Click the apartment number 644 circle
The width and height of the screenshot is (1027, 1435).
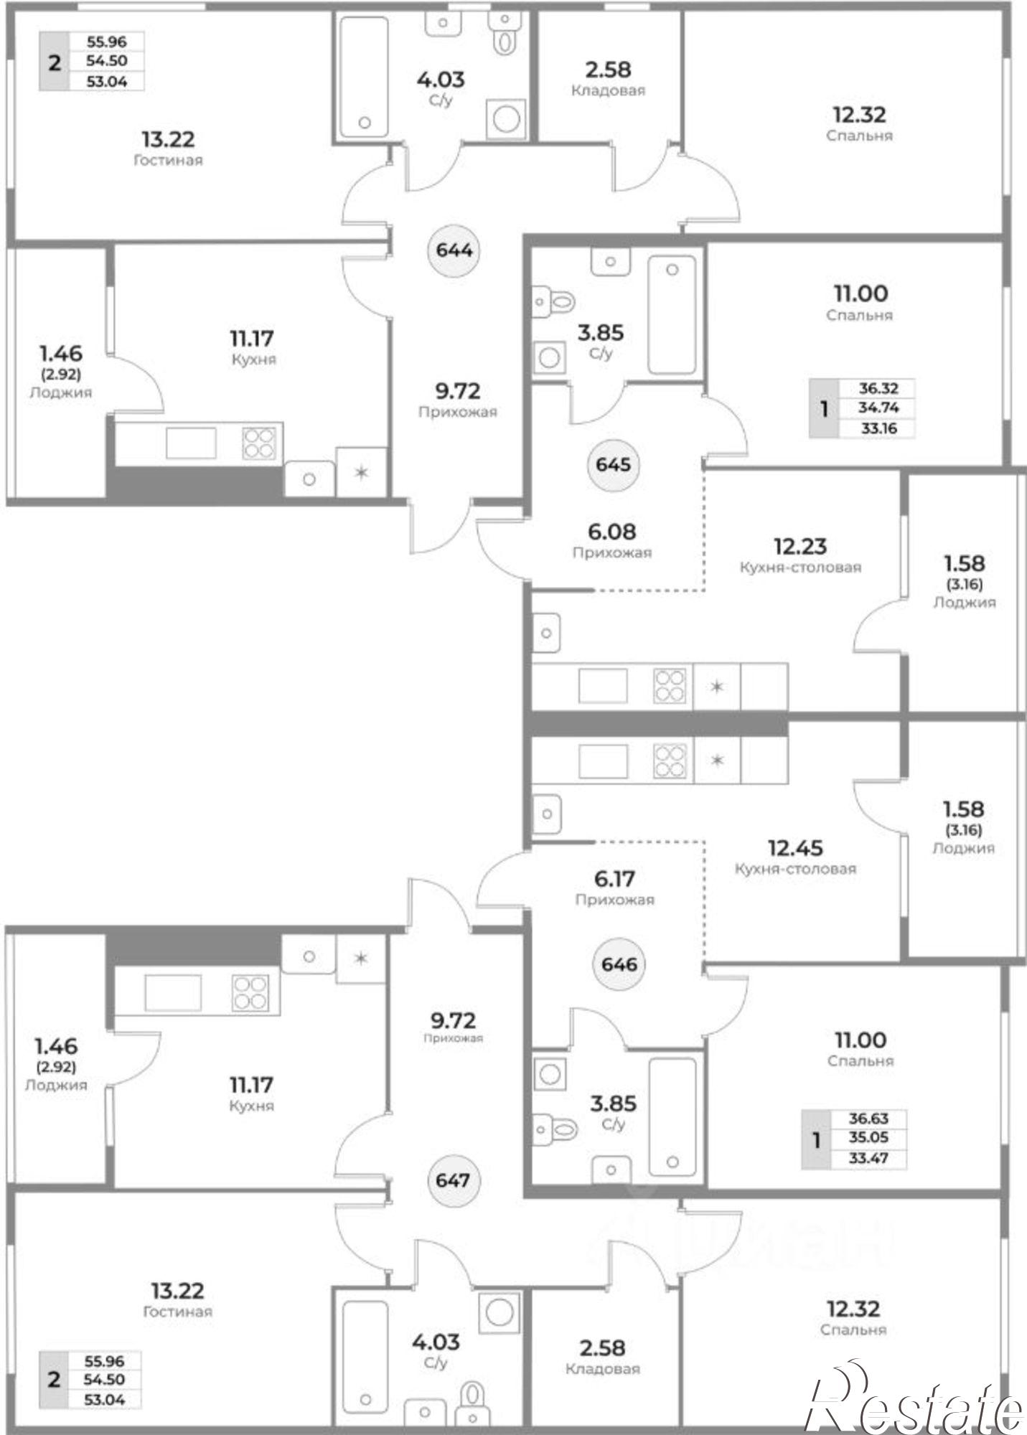(454, 250)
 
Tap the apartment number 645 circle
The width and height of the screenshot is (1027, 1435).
(613, 464)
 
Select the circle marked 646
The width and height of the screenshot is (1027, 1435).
(619, 964)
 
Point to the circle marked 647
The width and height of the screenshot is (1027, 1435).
(453, 1180)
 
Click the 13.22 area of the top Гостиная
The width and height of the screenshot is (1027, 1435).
(168, 139)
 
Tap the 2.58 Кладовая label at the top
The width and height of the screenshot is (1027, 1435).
(609, 78)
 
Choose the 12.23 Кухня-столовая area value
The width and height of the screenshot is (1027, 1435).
(800, 547)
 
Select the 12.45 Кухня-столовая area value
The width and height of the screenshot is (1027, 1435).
(795, 848)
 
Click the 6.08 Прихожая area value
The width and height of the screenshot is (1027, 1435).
(611, 532)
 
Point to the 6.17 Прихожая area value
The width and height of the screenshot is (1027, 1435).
(614, 878)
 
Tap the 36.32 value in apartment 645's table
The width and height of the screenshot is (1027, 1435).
(878, 388)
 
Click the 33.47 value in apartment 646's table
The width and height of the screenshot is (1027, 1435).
(868, 1159)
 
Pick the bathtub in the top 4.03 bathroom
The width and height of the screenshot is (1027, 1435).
(363, 76)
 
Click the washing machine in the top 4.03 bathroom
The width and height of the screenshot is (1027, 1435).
(506, 118)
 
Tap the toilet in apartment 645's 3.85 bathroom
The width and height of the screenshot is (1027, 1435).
(554, 300)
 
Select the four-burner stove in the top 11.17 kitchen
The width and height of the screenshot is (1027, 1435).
(259, 443)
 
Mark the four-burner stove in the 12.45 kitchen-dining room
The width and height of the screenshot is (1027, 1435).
(670, 761)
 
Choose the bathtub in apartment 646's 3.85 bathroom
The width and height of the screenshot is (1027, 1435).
(672, 1116)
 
